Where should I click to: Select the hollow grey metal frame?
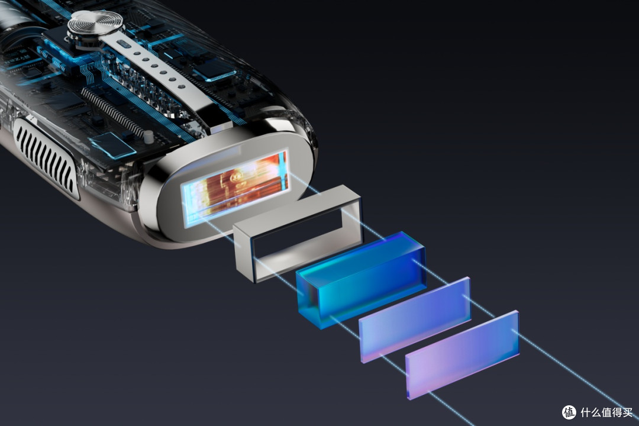296,233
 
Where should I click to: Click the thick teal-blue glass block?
362,280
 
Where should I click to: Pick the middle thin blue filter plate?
415,320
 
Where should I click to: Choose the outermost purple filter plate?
462,355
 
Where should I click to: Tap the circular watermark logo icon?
569,412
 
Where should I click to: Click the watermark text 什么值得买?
606,412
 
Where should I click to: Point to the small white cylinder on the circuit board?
149,137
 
